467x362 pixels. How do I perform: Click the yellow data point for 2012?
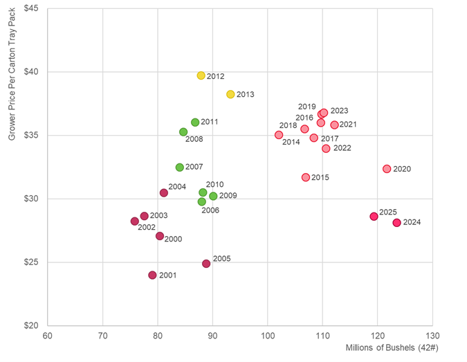(x=201, y=75)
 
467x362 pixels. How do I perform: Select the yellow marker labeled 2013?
(x=230, y=94)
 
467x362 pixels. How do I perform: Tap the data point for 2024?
(x=396, y=222)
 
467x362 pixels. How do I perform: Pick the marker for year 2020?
(x=387, y=169)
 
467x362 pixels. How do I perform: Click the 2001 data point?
(x=152, y=275)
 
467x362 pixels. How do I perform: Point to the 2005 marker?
(x=206, y=264)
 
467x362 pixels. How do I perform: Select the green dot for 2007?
(x=179, y=168)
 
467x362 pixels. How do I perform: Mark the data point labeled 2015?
(x=306, y=177)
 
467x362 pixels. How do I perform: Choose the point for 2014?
(x=279, y=135)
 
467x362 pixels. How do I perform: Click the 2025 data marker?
(x=374, y=216)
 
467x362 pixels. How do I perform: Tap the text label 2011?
(x=210, y=123)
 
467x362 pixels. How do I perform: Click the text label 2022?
(x=342, y=148)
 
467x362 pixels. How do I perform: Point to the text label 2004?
(x=177, y=187)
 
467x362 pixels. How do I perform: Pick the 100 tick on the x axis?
(x=268, y=337)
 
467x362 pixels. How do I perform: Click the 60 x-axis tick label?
(x=48, y=337)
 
